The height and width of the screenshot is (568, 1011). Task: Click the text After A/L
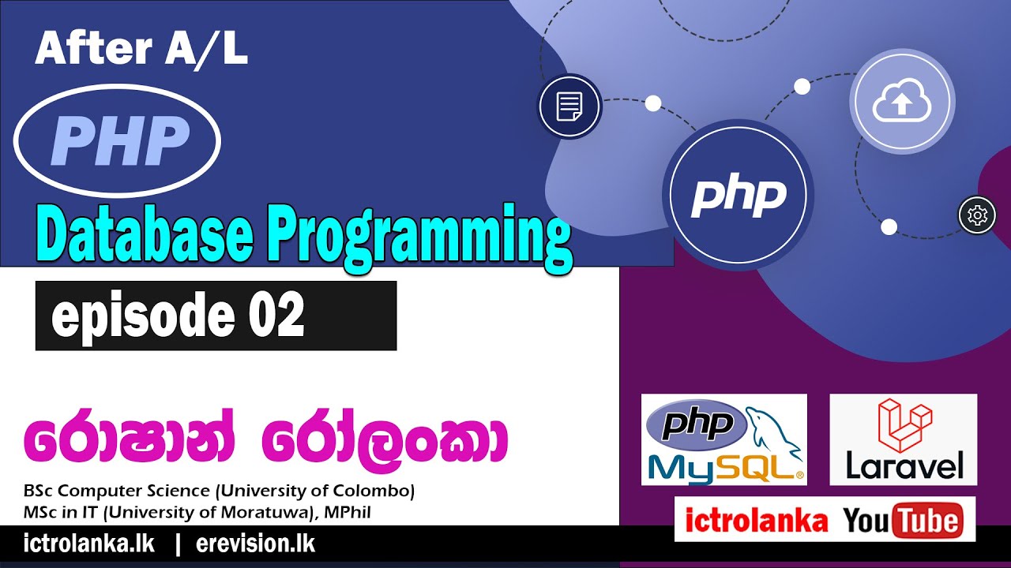click(141, 50)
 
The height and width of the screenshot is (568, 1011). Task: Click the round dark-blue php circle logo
click(739, 196)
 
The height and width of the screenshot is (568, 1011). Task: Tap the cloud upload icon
click(902, 101)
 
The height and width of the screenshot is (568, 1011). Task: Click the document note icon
click(569, 106)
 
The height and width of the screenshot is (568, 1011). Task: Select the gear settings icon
click(977, 215)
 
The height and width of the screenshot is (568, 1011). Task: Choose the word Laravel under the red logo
click(904, 465)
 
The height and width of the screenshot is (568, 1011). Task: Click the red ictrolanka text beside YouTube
click(756, 520)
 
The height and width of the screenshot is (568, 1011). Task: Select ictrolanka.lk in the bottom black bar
click(89, 544)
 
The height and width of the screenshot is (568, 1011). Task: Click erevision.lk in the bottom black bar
click(255, 544)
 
